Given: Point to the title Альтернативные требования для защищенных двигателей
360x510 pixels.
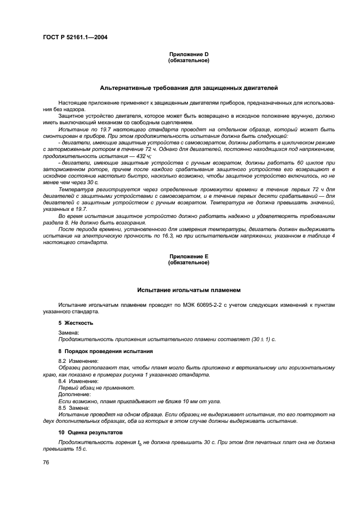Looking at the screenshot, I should pyautogui.click(x=188, y=87).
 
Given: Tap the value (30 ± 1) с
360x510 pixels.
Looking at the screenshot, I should pyautogui.click(x=264, y=339).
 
